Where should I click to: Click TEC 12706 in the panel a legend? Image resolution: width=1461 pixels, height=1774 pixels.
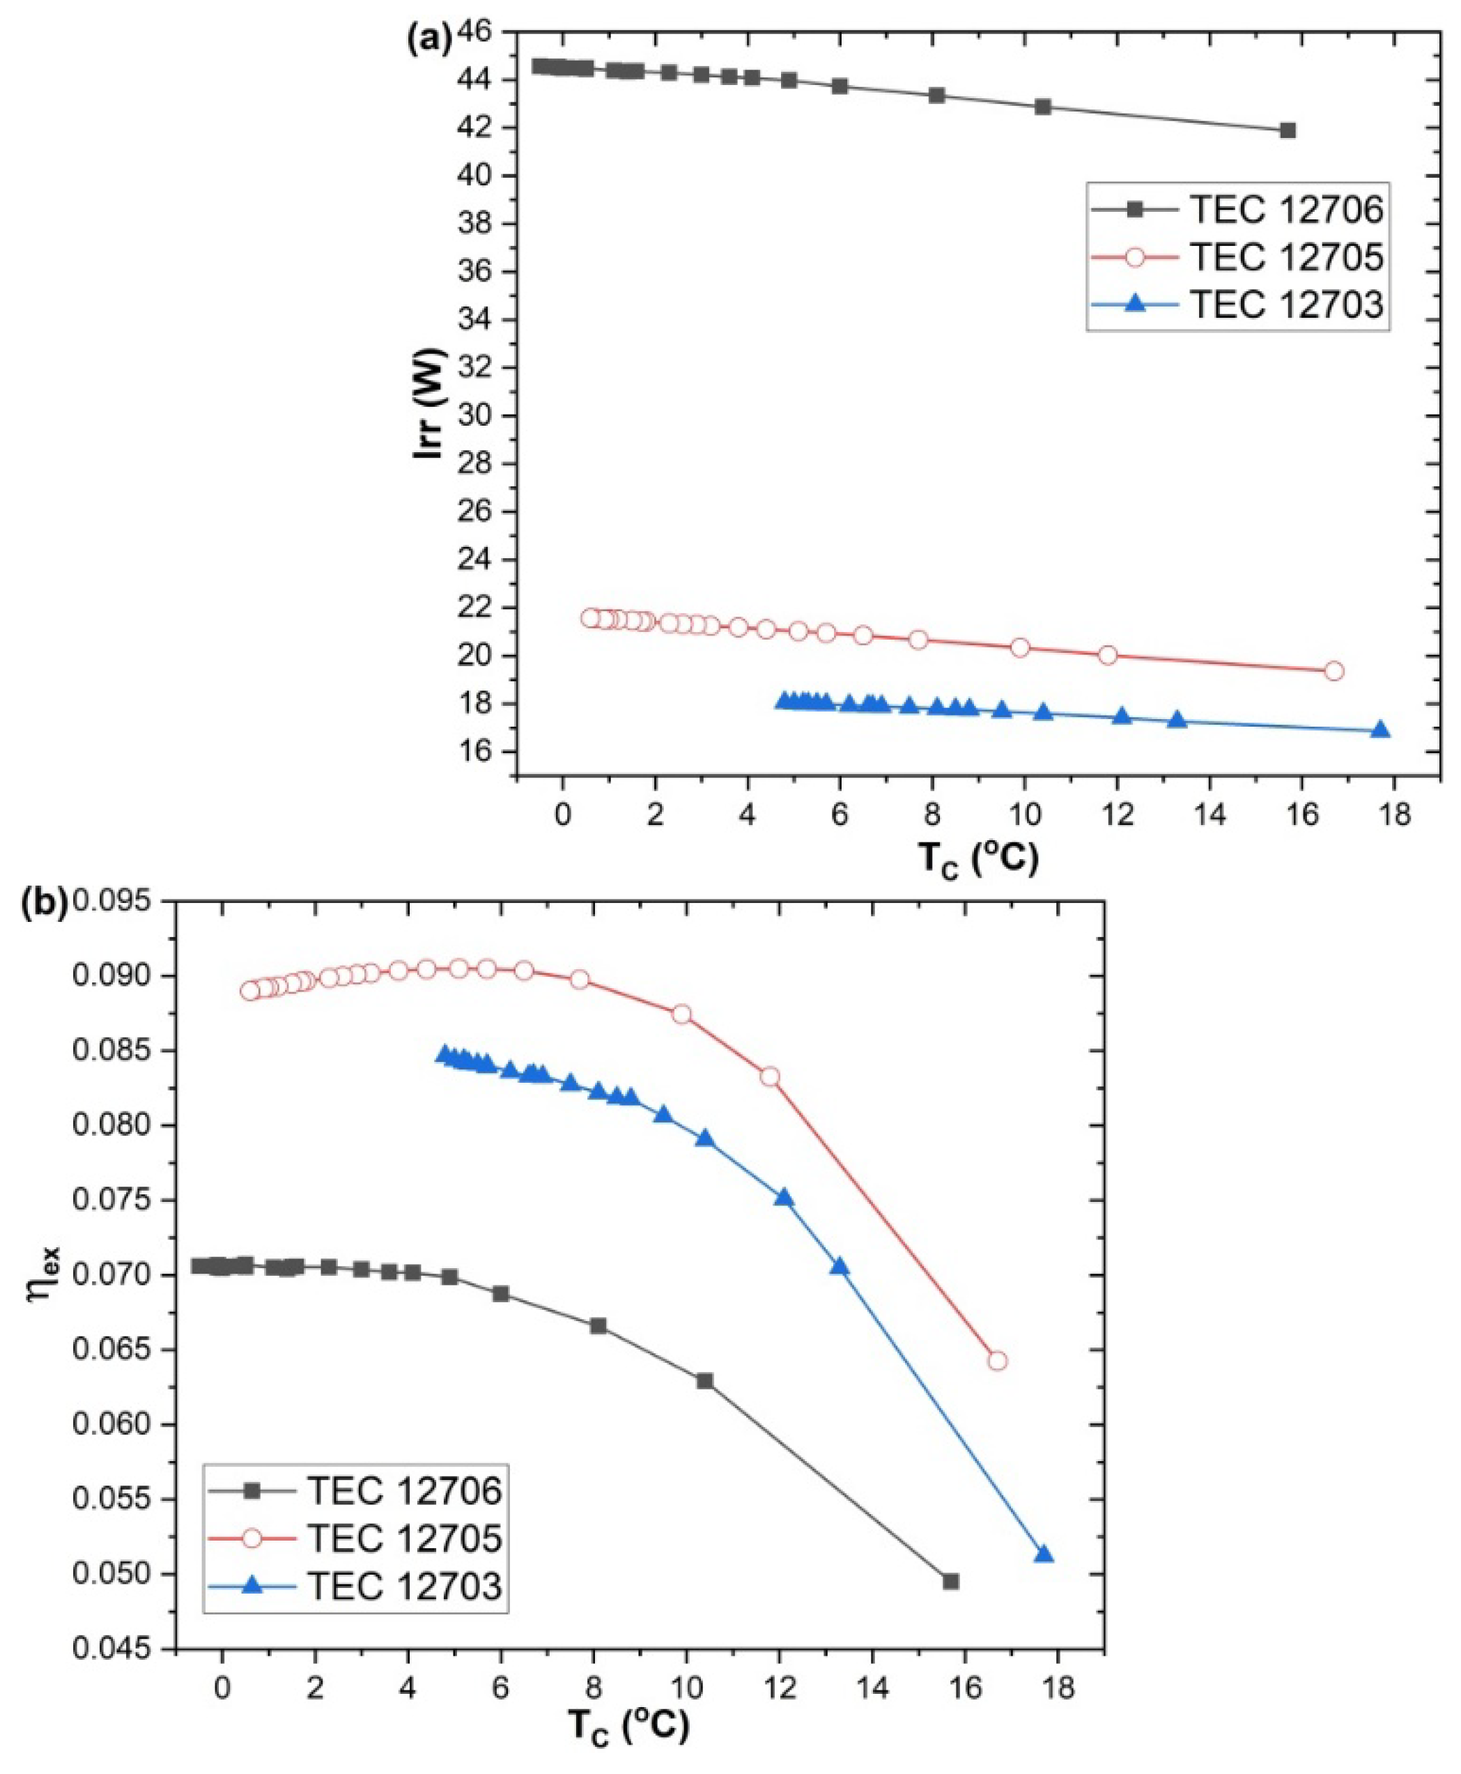[x=1285, y=210]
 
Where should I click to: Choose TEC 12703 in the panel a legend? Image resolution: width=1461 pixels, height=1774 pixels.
[x=1285, y=304]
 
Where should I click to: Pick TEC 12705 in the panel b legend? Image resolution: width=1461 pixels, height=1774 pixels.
[x=404, y=1538]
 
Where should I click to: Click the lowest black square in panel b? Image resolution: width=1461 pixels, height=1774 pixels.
[x=951, y=1581]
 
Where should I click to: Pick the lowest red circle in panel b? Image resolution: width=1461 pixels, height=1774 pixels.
[x=997, y=1361]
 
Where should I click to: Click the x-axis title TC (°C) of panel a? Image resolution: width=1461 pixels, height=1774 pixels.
[x=978, y=859]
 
